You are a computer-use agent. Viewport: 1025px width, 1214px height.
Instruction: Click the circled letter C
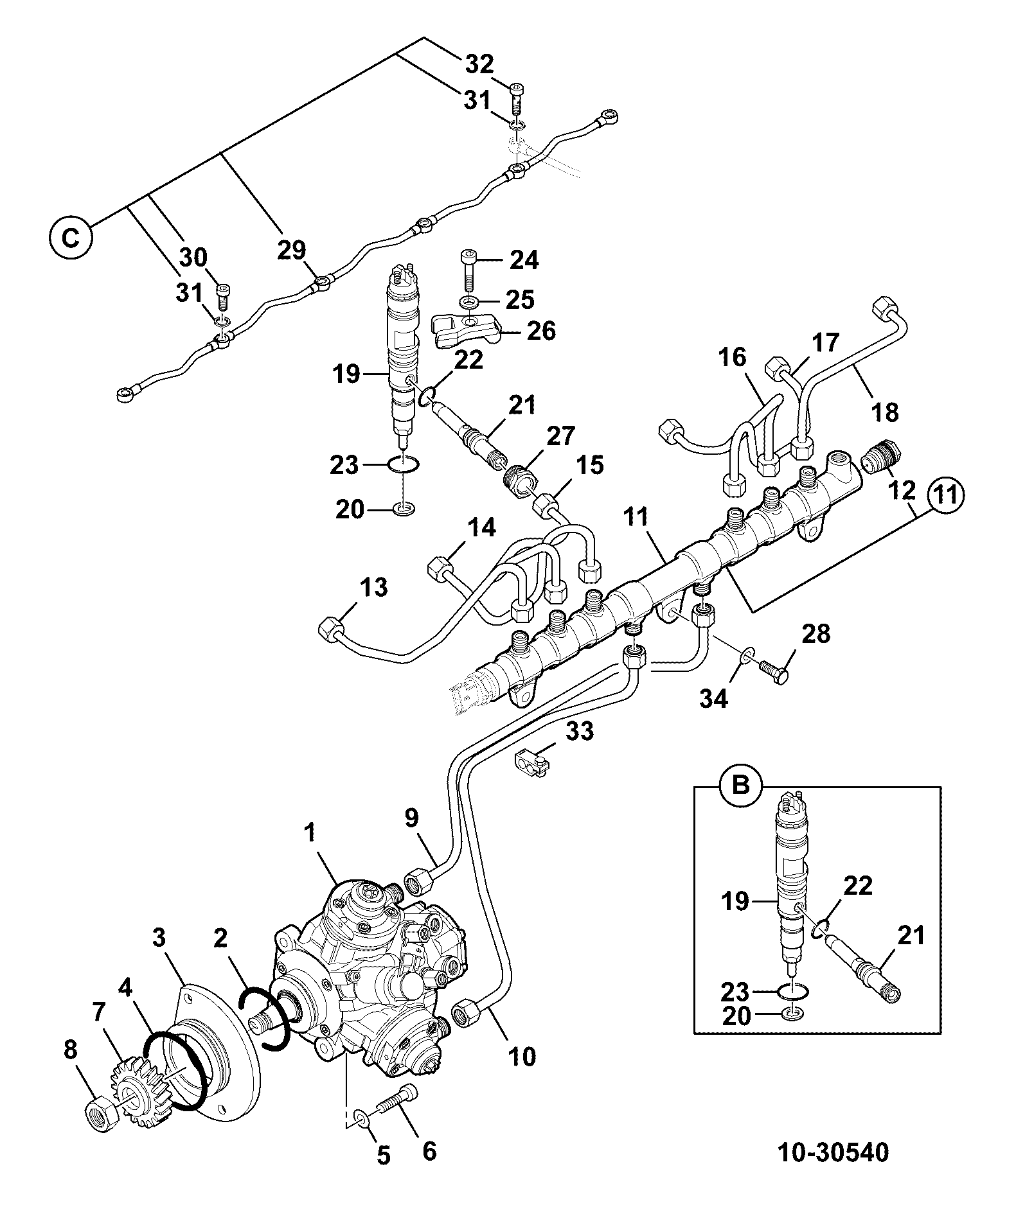[71, 238]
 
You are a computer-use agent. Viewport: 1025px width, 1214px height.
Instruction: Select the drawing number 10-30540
[833, 1170]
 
